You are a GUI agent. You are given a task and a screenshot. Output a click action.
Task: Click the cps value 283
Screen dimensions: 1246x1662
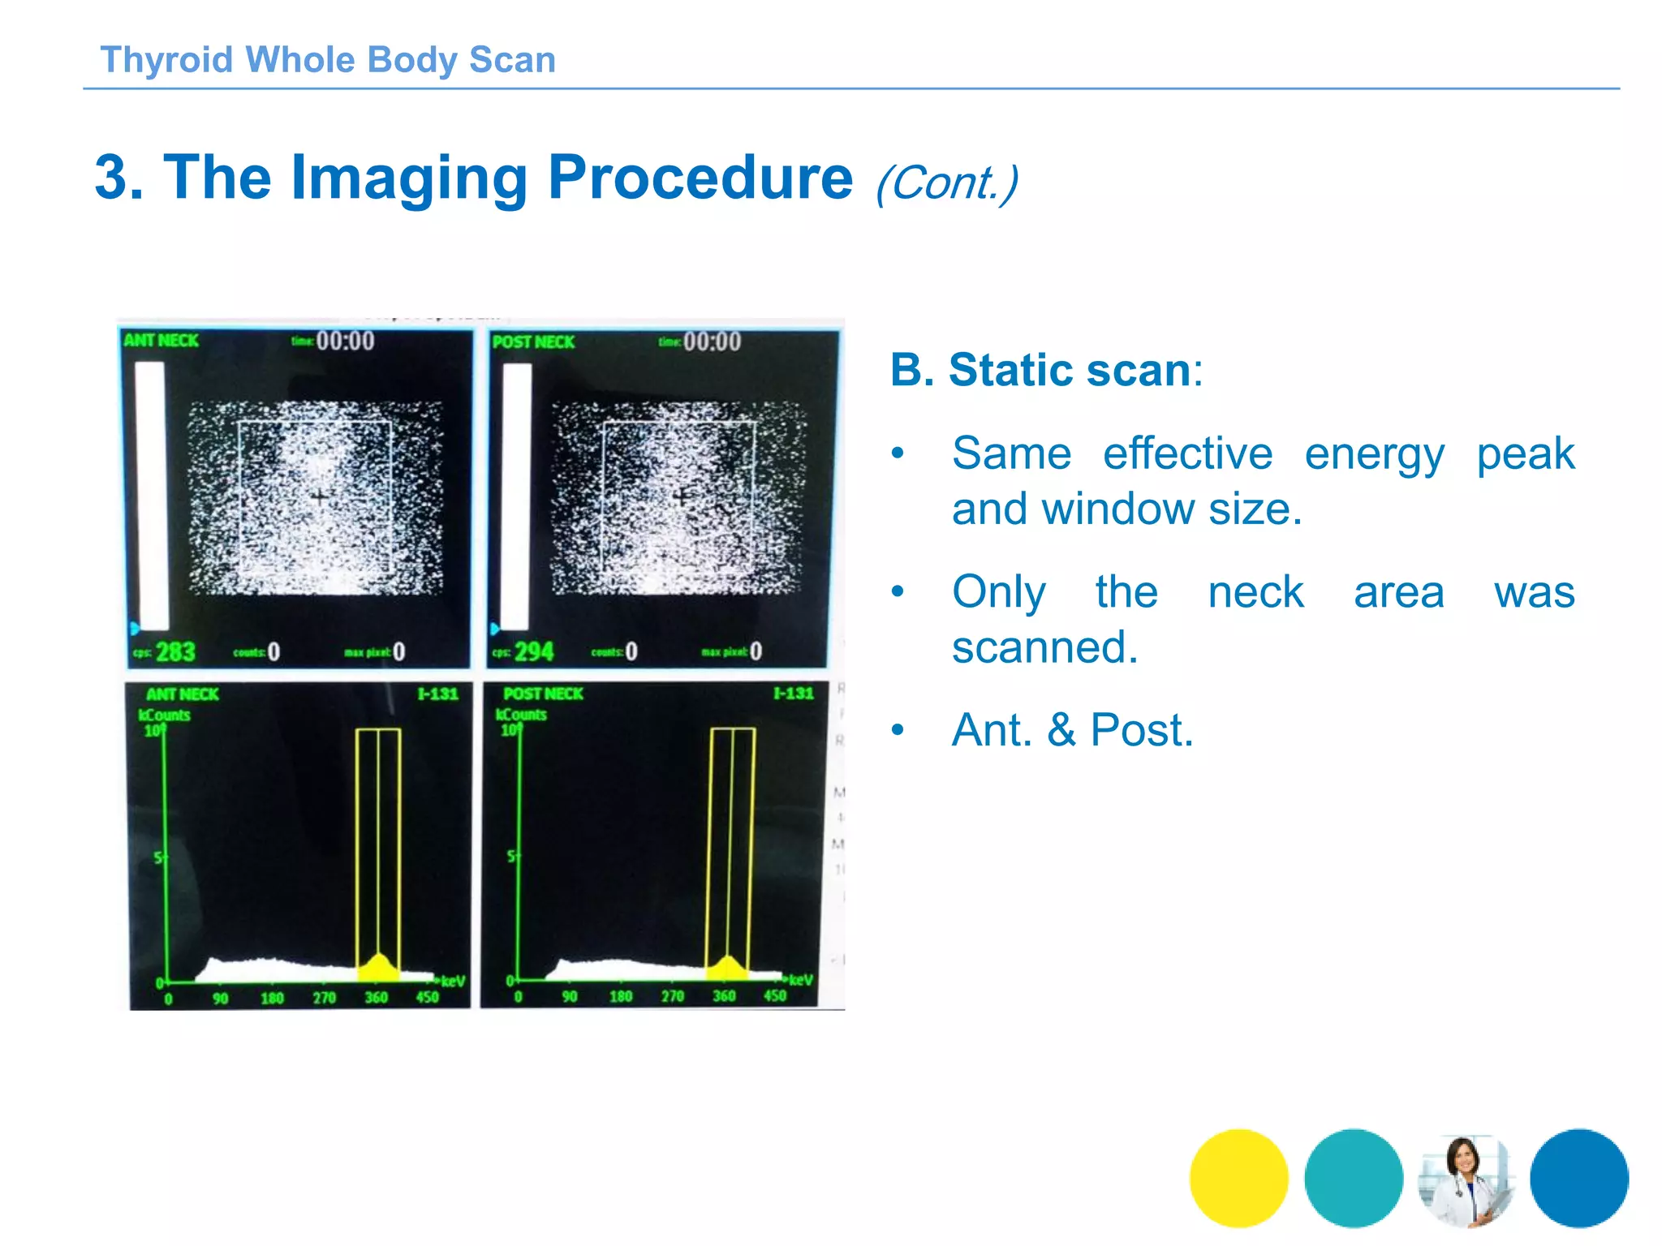coord(175,651)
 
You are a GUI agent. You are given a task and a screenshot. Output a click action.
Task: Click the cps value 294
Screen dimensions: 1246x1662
coord(534,651)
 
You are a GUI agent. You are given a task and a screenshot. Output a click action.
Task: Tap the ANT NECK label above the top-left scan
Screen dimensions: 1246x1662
coord(161,341)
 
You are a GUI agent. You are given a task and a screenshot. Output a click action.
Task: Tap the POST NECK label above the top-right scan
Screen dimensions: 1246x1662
coord(533,342)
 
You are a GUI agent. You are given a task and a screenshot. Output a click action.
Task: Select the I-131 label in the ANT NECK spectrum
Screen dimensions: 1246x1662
coord(438,694)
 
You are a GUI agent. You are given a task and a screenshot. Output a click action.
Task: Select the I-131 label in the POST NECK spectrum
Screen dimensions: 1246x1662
coord(793,694)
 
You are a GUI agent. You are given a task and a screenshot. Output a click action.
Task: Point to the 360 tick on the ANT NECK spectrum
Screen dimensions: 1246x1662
coord(376,997)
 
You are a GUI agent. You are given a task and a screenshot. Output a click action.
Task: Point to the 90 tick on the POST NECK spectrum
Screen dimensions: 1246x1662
coord(570,996)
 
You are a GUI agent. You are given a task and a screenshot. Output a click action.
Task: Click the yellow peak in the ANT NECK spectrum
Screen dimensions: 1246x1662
coord(378,968)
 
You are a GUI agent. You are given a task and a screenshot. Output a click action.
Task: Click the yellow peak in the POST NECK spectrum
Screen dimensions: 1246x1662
coord(729,968)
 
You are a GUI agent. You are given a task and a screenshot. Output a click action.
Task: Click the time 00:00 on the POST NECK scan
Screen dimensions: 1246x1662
coord(712,342)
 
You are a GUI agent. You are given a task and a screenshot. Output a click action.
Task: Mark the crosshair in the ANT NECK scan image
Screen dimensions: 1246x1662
coord(321,497)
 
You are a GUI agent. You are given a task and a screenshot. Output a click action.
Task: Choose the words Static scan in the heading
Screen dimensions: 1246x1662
coord(1070,371)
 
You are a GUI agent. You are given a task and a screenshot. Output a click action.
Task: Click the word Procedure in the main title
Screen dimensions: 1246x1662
coord(700,178)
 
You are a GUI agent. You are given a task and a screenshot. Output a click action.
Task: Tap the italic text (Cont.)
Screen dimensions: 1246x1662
coord(946,183)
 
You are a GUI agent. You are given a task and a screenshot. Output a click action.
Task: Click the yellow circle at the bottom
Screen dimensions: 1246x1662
coord(1238,1178)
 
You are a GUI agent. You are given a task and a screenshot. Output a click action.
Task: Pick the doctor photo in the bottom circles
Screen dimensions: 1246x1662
coord(1466,1178)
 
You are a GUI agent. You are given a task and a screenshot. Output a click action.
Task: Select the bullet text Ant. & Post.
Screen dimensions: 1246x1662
coord(1072,730)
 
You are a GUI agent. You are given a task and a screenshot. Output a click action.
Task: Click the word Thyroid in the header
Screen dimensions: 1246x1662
coord(166,60)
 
